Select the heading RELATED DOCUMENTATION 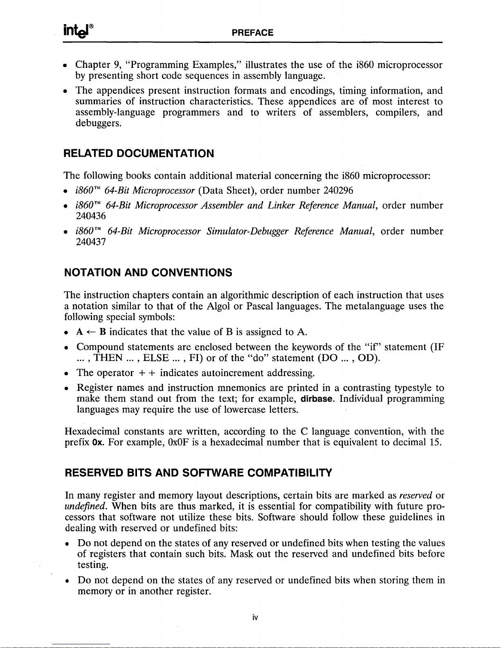point(139,154)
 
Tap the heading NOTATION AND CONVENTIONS point(148,272)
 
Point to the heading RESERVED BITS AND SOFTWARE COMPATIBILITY point(198,473)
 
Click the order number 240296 point(338,191)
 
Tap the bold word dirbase point(316,399)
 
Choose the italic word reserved point(416,496)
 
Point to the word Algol point(219,306)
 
